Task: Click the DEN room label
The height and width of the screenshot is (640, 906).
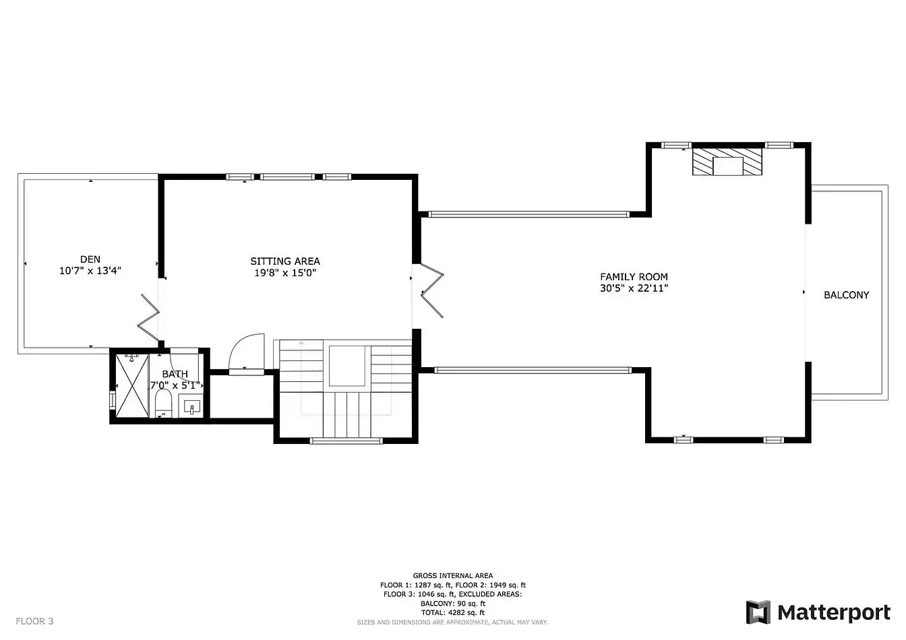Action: pyautogui.click(x=90, y=259)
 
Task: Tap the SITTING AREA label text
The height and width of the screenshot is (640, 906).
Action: pyautogui.click(x=285, y=261)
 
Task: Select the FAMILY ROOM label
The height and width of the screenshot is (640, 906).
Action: pyautogui.click(x=634, y=277)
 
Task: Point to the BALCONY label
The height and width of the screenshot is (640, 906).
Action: pyautogui.click(x=847, y=295)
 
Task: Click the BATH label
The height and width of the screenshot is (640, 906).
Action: pyautogui.click(x=175, y=374)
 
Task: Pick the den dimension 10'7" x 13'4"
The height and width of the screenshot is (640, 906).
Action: pyautogui.click(x=90, y=270)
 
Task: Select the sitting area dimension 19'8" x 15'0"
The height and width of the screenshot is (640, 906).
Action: pyautogui.click(x=285, y=273)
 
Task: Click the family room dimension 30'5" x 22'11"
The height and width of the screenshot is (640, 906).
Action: pyautogui.click(x=634, y=288)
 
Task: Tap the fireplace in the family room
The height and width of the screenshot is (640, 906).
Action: pyautogui.click(x=727, y=162)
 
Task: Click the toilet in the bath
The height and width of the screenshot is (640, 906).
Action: pyautogui.click(x=163, y=403)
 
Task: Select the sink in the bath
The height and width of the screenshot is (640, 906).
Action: pyautogui.click(x=192, y=407)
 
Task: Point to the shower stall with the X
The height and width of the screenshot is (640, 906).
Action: pyautogui.click(x=132, y=386)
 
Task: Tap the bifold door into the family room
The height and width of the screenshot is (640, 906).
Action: pyautogui.click(x=432, y=290)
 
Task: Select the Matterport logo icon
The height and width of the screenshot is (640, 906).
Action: pyautogui.click(x=758, y=612)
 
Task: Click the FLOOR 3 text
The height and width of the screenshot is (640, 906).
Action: pyautogui.click(x=34, y=621)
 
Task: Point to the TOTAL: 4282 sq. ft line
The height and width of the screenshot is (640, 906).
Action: pyautogui.click(x=453, y=612)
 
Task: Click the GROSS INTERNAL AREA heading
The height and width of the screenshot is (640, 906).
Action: pyautogui.click(x=453, y=576)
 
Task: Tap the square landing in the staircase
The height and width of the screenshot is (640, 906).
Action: pyautogui.click(x=347, y=366)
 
